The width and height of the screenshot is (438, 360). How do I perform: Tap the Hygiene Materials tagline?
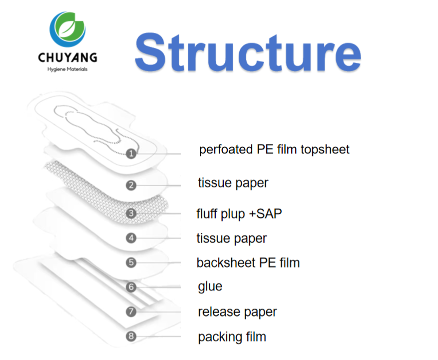click(x=67, y=69)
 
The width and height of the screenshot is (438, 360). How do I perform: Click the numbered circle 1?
click(x=131, y=153)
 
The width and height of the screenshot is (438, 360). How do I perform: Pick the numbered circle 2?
click(x=131, y=185)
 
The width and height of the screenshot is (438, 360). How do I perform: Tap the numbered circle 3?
click(x=131, y=213)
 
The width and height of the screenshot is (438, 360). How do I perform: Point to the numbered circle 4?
click(x=131, y=238)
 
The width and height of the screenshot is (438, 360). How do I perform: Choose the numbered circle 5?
click(x=131, y=262)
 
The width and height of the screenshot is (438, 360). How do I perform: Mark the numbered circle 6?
click(x=131, y=287)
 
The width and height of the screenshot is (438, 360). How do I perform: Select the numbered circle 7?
click(x=131, y=311)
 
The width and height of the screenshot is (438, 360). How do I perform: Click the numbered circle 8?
click(x=131, y=336)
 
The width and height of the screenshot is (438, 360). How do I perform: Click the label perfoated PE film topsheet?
click(x=274, y=149)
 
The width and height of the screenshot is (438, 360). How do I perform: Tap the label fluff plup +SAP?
click(x=239, y=214)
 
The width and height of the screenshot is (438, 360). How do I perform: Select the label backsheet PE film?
click(x=248, y=262)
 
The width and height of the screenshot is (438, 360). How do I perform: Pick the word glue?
click(x=210, y=286)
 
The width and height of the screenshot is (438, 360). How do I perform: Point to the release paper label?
click(x=237, y=312)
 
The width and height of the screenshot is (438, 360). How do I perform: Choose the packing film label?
click(x=232, y=337)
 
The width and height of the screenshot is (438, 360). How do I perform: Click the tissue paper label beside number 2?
click(x=233, y=183)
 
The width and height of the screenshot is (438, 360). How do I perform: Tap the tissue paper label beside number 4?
click(x=232, y=238)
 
